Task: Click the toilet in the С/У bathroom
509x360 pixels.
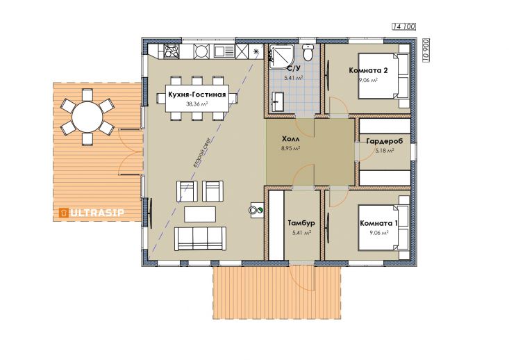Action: [308, 52]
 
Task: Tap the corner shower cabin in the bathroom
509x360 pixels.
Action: [281, 56]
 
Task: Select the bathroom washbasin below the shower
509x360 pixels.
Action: [278, 101]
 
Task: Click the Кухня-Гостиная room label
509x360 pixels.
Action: [197, 95]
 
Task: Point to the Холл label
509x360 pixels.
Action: [290, 140]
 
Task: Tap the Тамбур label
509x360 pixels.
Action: [301, 223]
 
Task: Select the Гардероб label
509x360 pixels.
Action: [384, 141]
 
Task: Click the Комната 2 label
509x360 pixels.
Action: [369, 70]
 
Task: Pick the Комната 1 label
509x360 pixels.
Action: [378, 223]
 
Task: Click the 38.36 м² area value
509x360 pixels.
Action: [197, 104]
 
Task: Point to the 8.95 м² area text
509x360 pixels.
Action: [290, 148]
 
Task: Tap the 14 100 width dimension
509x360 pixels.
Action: [404, 26]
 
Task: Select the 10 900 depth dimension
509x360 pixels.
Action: [426, 50]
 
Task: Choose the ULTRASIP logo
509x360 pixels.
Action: [91, 213]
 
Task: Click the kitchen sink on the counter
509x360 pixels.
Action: [224, 51]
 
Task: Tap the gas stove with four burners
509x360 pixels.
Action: [171, 51]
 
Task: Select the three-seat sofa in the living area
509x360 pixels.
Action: [200, 238]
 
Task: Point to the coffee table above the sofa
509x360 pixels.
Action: [200, 214]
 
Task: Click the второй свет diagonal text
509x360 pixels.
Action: [202, 152]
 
